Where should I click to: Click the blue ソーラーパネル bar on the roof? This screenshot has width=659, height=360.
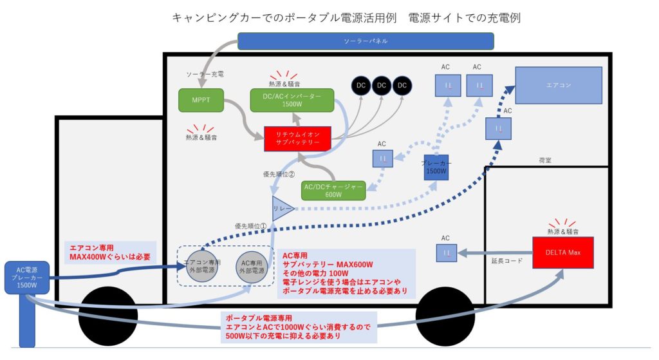click(x=366, y=41)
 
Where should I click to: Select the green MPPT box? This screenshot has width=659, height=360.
click(x=200, y=100)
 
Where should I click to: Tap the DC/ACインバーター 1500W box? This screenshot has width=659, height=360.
click(x=292, y=100)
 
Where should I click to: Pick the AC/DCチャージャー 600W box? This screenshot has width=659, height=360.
click(x=333, y=190)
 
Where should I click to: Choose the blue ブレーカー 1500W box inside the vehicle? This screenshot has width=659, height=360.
click(x=436, y=167)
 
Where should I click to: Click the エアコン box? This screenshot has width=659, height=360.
click(x=558, y=86)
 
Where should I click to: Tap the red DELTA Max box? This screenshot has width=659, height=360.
click(x=563, y=252)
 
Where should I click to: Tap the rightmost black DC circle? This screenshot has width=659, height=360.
click(x=402, y=85)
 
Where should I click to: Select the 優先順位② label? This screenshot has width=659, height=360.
click(x=279, y=174)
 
